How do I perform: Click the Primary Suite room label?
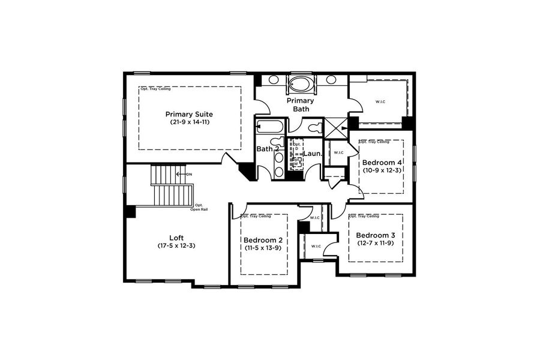pyautogui.click(x=189, y=113)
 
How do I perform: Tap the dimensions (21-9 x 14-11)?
pyautogui.click(x=190, y=122)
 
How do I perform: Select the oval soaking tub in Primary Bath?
pyautogui.click(x=299, y=83)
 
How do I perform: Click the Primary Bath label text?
pyautogui.click(x=301, y=105)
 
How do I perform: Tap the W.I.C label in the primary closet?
pyautogui.click(x=380, y=101)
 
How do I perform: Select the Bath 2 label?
pyautogui.click(x=268, y=149)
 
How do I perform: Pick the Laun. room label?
pyautogui.click(x=313, y=154)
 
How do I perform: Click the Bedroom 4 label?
pyautogui.click(x=382, y=163)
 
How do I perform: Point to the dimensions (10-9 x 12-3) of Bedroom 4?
pyautogui.click(x=382, y=170)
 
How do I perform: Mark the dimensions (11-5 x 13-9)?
pyautogui.click(x=263, y=248)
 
